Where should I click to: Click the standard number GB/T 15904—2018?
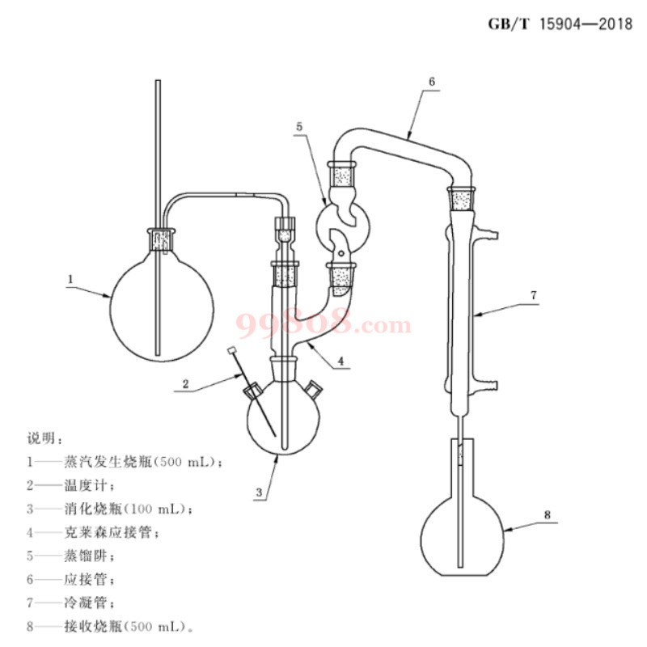coord(560,24)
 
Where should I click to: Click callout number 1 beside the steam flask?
coord(70,279)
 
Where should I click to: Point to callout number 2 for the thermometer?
coord(186,384)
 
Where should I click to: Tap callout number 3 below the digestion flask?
coord(259,493)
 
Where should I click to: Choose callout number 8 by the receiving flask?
coord(548,514)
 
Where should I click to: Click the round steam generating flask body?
coord(163,308)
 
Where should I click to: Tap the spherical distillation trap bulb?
coord(343,227)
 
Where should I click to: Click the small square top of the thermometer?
coord(231,350)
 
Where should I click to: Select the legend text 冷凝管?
coord(86,603)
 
